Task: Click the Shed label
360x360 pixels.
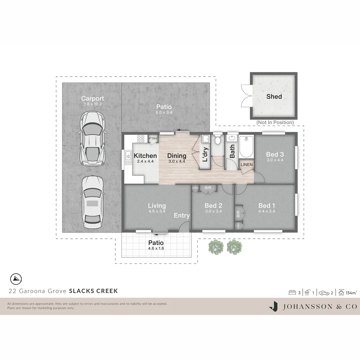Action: point(274,97)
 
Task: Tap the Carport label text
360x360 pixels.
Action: point(92,98)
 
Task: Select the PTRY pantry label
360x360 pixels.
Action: point(153,139)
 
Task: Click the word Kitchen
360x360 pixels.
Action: point(145,156)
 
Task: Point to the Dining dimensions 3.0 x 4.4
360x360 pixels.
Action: point(176,161)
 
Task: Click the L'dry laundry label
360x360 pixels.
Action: point(205,155)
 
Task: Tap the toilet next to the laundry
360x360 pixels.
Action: point(218,140)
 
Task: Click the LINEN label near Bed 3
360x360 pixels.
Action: point(247,165)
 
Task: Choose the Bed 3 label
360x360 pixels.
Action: point(275,154)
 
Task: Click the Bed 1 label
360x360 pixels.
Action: point(267,205)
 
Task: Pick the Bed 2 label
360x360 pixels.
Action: point(213,206)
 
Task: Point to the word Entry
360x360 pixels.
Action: point(182,216)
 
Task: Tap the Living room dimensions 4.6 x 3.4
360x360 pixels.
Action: point(157,211)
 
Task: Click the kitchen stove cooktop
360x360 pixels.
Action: point(141,139)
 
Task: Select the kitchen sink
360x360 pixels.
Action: point(128,158)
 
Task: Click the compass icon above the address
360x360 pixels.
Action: point(16,278)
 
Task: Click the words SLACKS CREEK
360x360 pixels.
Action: point(93,291)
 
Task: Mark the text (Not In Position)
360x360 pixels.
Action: point(275,122)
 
